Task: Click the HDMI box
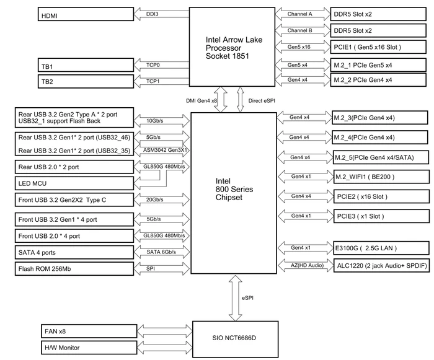pyautogui.click(x=86, y=14)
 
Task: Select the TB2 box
pyautogui.click(x=86, y=81)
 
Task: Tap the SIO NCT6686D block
pyautogui.click(x=235, y=340)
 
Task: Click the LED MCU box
pyautogui.click(x=74, y=183)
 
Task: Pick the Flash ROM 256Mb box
pyautogui.click(x=74, y=269)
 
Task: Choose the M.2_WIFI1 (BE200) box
pyautogui.click(x=382, y=177)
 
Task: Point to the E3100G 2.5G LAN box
pyautogui.click(x=382, y=248)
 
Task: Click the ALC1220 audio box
pyautogui.click(x=382, y=266)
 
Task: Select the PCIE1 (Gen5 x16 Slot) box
pyautogui.click(x=378, y=47)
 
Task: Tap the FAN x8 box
pyautogui.click(x=89, y=331)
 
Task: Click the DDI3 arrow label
pyautogui.click(x=153, y=14)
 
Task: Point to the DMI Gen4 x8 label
pyautogui.click(x=201, y=101)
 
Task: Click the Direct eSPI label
pyautogui.click(x=262, y=101)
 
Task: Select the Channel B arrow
pyautogui.click(x=303, y=30)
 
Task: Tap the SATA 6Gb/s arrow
pyautogui.click(x=162, y=252)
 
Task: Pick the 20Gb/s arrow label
pyautogui.click(x=155, y=200)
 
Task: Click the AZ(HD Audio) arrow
pyautogui.click(x=306, y=266)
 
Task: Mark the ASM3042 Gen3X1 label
pyautogui.click(x=166, y=150)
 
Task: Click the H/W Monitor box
pyautogui.click(x=89, y=348)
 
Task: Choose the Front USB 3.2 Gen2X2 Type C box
pyautogui.click(x=74, y=200)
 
